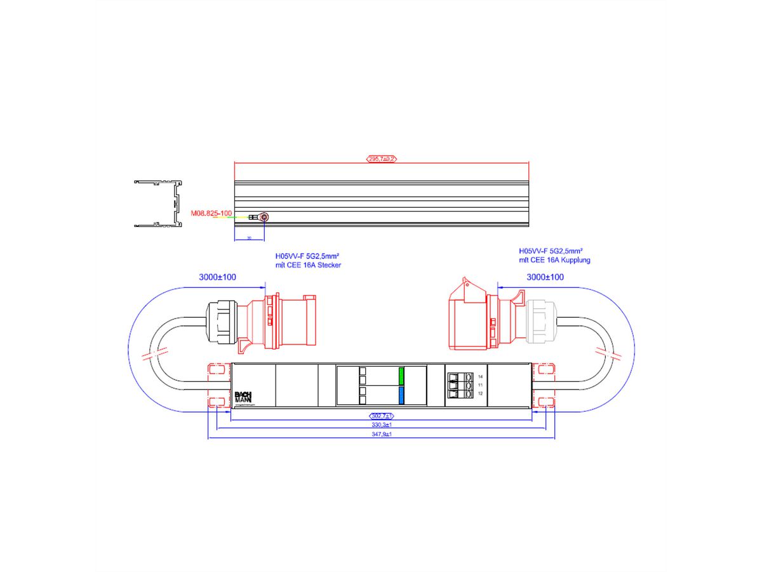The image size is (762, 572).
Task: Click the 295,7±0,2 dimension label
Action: point(381,159)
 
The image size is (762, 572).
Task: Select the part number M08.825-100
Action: point(212,214)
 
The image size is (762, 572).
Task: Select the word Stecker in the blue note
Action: point(328,264)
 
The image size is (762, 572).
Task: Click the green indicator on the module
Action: point(401,376)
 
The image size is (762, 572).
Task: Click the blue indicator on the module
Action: point(401,396)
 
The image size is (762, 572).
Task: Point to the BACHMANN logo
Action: point(243,396)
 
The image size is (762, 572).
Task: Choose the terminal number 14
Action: point(480,378)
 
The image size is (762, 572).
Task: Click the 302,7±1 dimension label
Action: point(382,416)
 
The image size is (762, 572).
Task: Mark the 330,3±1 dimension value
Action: point(382,425)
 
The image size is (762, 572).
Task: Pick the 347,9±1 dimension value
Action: point(382,434)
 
